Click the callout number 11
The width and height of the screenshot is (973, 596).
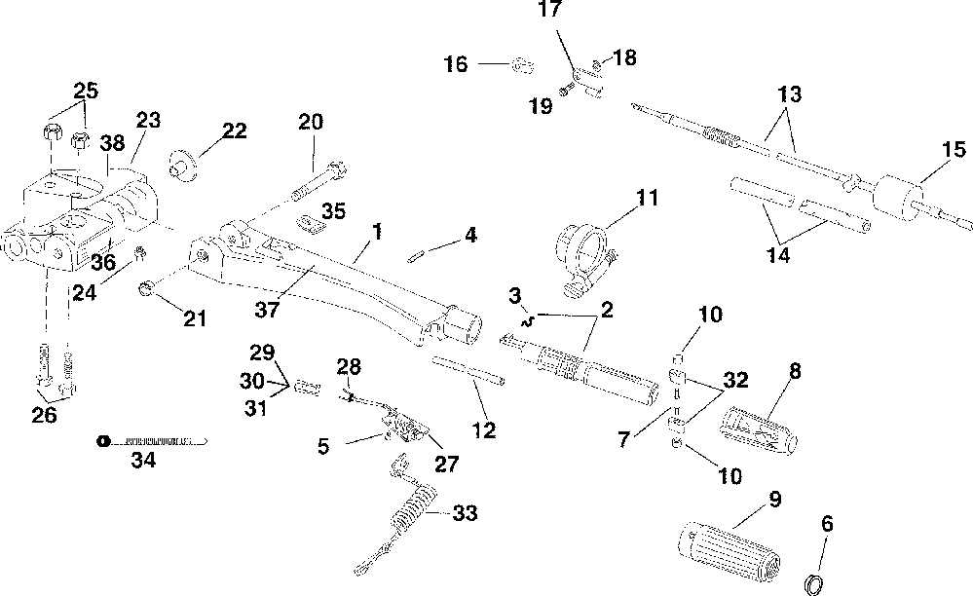tap(648, 198)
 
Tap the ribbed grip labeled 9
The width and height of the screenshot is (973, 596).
tap(728, 552)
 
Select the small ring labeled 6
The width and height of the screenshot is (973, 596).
tap(813, 584)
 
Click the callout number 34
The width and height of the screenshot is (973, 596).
tap(143, 460)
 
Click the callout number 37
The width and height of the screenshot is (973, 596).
tap(267, 310)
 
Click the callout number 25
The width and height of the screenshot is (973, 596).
tap(86, 91)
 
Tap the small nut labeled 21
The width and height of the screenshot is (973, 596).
tap(146, 289)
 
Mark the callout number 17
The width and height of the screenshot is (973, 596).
tap(549, 10)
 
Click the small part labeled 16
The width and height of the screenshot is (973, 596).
tap(522, 64)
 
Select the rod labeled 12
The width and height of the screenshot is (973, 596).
tap(468, 369)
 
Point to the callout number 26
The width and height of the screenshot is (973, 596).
tap(44, 414)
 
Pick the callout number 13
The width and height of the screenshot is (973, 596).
tap(789, 94)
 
